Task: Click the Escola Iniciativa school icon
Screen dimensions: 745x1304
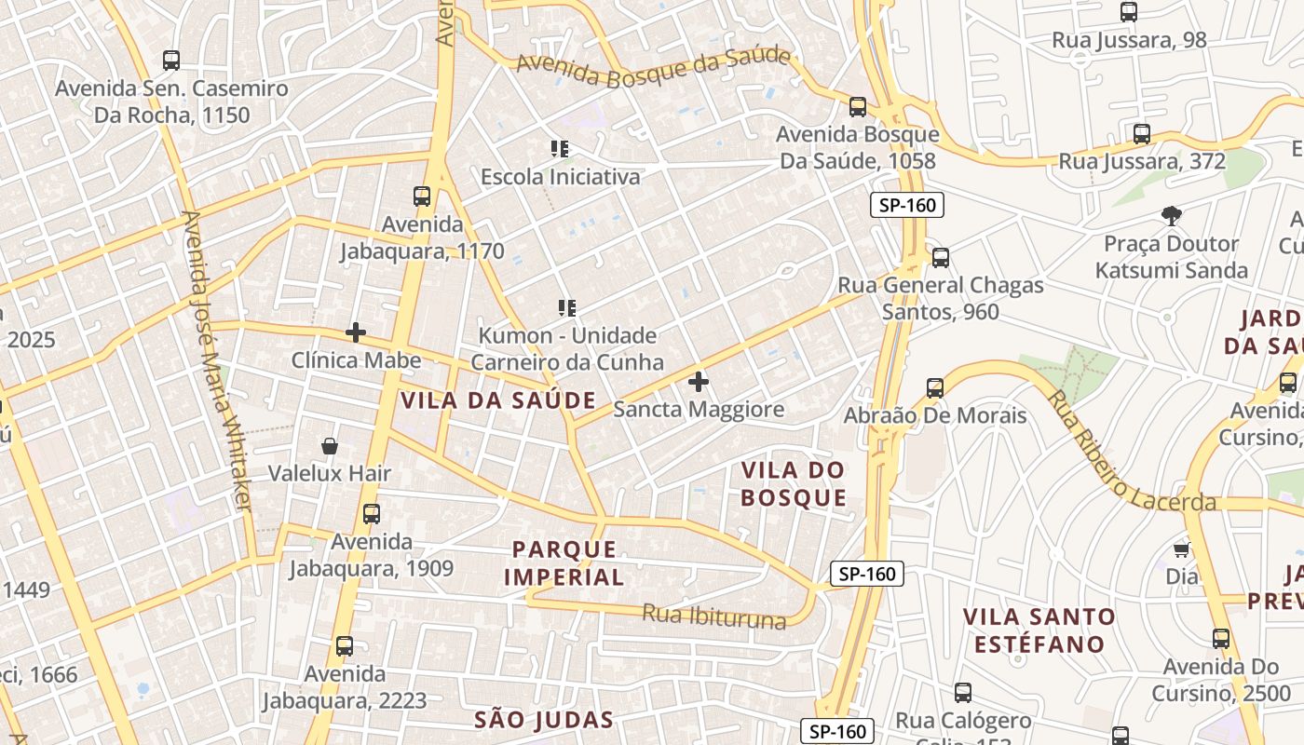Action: pyautogui.click(x=560, y=149)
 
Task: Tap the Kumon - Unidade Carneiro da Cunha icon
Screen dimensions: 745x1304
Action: pyautogui.click(x=566, y=307)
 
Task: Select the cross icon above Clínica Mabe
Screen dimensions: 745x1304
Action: pyautogui.click(x=355, y=332)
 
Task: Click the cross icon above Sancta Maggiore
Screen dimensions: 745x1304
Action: pyautogui.click(x=699, y=381)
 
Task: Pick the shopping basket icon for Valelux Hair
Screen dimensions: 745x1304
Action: pyautogui.click(x=329, y=446)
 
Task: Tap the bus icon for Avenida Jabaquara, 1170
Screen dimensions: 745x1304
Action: pyautogui.click(x=422, y=196)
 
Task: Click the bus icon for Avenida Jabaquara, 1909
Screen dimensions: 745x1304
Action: pyautogui.click(x=372, y=513)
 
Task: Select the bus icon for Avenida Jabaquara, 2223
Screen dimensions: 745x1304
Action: pyautogui.click(x=345, y=645)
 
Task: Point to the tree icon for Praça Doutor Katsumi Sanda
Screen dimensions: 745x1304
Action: pyautogui.click(x=1172, y=216)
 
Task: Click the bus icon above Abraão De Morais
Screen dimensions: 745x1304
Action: pyautogui.click(x=935, y=387)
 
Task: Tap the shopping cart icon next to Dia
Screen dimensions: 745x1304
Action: pyautogui.click(x=1181, y=549)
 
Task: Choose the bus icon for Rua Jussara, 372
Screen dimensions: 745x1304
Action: pyautogui.click(x=1142, y=134)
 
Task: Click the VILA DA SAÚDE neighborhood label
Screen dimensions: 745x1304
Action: pyautogui.click(x=498, y=400)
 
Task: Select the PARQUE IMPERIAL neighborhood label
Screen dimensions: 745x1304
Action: pyautogui.click(x=564, y=562)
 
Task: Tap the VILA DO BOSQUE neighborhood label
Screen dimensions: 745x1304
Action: pyautogui.click(x=794, y=483)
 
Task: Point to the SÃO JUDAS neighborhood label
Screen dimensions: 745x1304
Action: pyautogui.click(x=544, y=719)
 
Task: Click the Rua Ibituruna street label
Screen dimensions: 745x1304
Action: pyautogui.click(x=714, y=616)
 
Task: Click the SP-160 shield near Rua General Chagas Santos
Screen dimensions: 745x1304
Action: pyautogui.click(x=906, y=205)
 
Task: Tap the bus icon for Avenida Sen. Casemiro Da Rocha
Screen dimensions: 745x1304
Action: pyautogui.click(x=171, y=61)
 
